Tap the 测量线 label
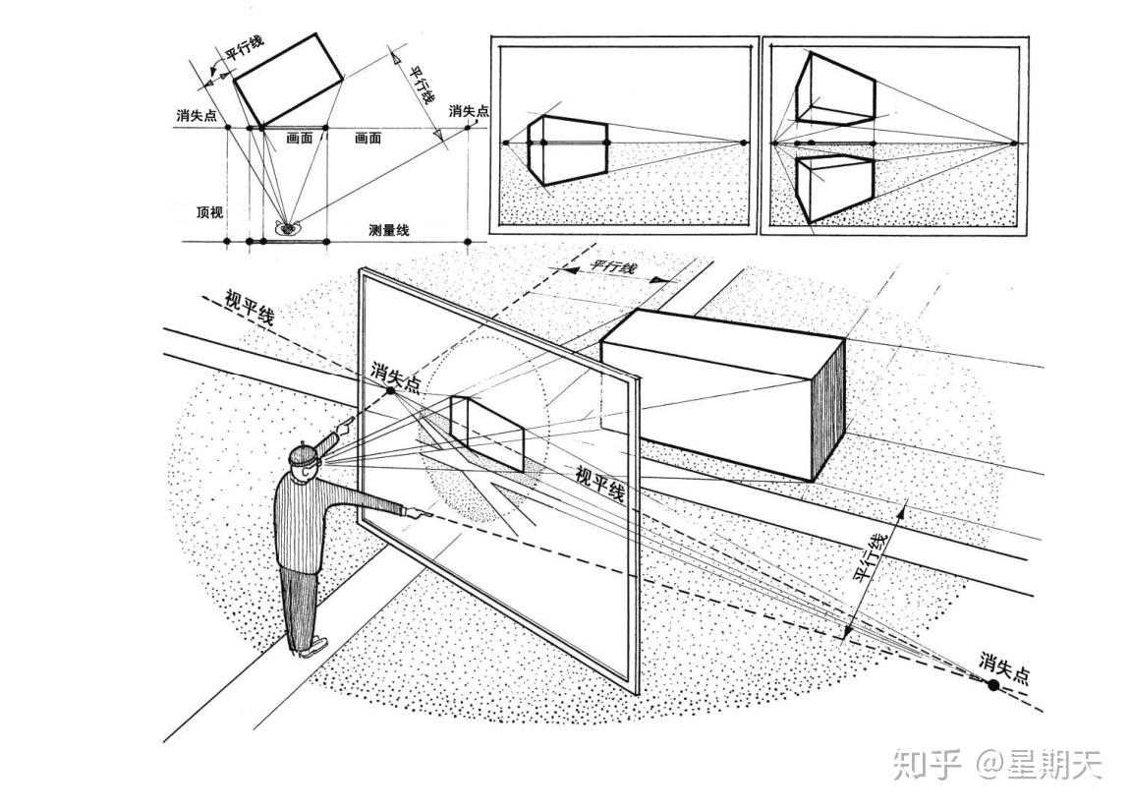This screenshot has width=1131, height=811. coord(389,230)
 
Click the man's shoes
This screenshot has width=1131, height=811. coord(309,647)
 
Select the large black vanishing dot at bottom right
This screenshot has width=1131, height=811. coord(992,684)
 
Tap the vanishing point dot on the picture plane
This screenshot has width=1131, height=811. coord(390,390)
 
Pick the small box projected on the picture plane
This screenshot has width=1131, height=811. coord(485,432)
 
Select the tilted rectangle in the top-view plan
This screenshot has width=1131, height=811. coord(288,80)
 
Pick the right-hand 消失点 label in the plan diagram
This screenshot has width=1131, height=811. coord(469,110)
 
